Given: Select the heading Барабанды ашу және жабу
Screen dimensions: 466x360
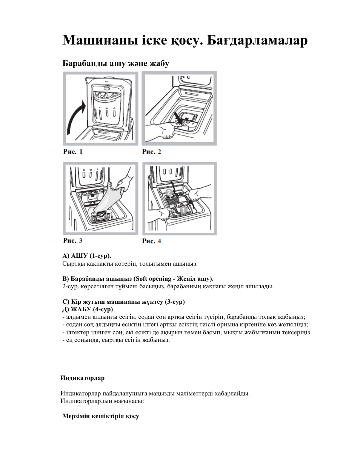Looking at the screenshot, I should tap(115, 63).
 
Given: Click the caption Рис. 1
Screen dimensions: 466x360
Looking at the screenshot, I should tap(72, 152).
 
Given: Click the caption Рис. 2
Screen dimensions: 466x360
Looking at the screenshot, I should tap(151, 152).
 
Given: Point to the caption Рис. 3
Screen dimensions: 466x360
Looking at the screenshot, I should tap(72, 240).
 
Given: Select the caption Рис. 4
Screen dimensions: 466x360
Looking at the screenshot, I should tap(151, 241).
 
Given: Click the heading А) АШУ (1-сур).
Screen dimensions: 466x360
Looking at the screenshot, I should tap(87, 255).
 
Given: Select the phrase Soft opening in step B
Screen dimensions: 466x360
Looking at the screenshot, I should tap(153, 278).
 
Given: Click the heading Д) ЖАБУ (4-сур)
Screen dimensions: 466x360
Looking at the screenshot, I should tap(88, 309).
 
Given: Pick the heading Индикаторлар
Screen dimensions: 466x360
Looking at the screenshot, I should tap(83, 378).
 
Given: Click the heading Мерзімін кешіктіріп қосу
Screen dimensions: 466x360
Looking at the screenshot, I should tap(101, 416).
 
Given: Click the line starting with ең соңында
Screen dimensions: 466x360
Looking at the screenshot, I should tap(116, 340).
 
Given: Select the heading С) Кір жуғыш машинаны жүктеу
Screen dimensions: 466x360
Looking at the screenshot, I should tap(123, 302).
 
